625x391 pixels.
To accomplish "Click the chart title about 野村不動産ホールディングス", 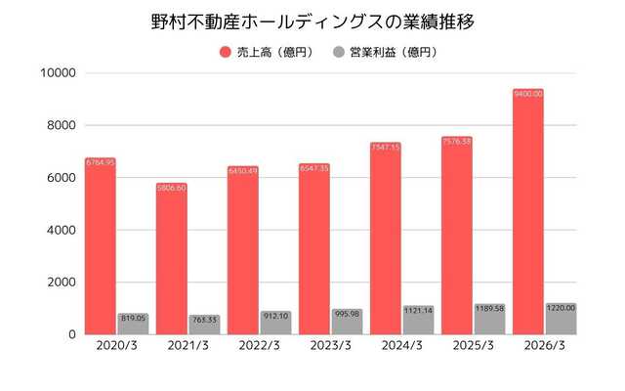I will [312, 22].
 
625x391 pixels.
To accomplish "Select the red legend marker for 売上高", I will [225, 51].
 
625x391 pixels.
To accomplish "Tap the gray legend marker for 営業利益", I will [339, 51].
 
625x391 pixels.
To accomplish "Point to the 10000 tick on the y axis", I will [58, 73].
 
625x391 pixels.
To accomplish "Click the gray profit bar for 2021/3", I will [204, 324].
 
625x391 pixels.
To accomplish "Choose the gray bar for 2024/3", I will [418, 320].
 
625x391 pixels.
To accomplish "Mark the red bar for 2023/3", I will [313, 248].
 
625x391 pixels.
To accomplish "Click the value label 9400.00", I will [527, 94].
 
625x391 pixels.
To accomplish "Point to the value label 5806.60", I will [171, 188].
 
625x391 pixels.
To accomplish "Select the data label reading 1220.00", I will [561, 308].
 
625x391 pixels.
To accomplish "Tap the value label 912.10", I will [275, 316].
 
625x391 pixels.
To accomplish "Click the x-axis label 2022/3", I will [259, 345].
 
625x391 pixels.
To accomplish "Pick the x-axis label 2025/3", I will [473, 345].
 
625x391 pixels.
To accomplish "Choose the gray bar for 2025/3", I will [489, 319].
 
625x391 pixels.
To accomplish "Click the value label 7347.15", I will [385, 148].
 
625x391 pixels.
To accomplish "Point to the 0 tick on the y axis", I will [71, 334].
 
